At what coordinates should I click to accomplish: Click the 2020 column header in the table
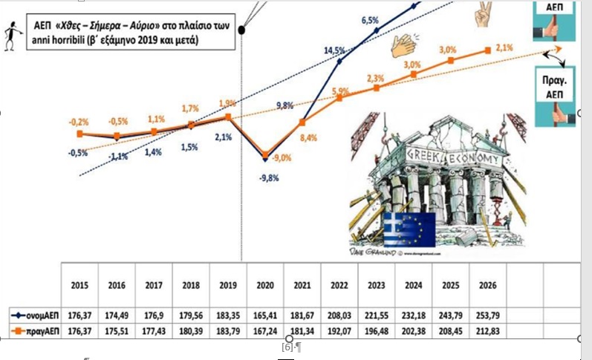[265, 284]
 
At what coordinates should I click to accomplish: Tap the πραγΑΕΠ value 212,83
[487, 330]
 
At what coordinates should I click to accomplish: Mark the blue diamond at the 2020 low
[265, 157]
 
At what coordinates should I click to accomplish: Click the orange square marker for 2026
[487, 51]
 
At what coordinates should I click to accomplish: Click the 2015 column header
[79, 284]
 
